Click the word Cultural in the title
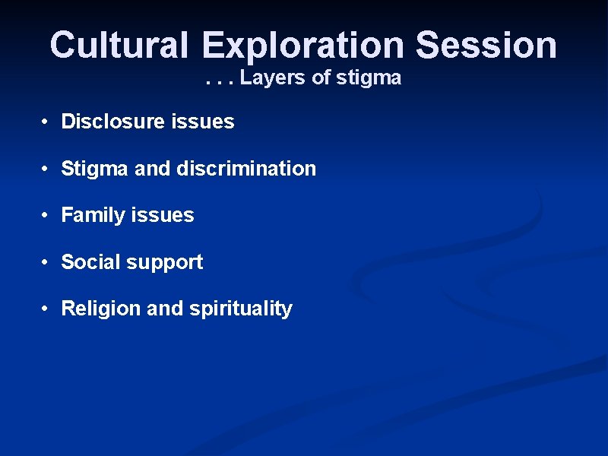point(119,45)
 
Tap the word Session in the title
point(486,45)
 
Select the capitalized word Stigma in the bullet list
point(95,169)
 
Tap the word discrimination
point(246,169)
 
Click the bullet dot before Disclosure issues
point(46,122)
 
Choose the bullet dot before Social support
point(46,263)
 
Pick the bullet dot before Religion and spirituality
point(46,309)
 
